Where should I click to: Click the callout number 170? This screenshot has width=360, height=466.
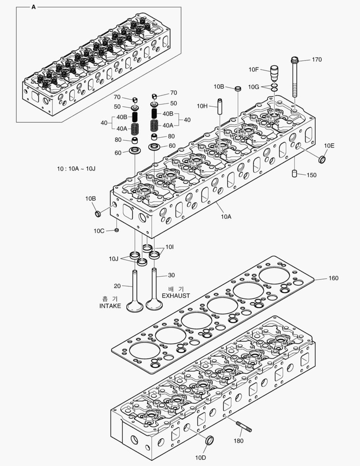pyautogui.click(x=316, y=60)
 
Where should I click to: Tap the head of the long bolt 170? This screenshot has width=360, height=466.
pyautogui.click(x=294, y=60)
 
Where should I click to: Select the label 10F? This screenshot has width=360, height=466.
pyautogui.click(x=254, y=69)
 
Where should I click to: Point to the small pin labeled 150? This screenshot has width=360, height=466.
pyautogui.click(x=295, y=174)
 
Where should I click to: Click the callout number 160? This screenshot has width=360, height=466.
pyautogui.click(x=333, y=278)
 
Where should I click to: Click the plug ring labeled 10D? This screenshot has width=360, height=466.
pyautogui.click(x=210, y=441)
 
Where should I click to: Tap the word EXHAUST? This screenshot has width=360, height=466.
pyautogui.click(x=175, y=296)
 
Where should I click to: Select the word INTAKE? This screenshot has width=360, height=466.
pyautogui.click(x=110, y=306)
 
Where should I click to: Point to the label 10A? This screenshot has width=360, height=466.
pyautogui.click(x=226, y=217)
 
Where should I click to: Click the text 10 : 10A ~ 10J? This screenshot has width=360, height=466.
pyautogui.click(x=76, y=168)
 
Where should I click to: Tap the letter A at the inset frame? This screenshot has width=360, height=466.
pyautogui.click(x=34, y=7)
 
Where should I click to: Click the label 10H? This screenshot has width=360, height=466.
pyautogui.click(x=202, y=106)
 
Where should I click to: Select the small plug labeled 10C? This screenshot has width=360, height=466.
pyautogui.click(x=116, y=230)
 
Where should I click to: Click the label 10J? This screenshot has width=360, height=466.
pyautogui.click(x=113, y=258)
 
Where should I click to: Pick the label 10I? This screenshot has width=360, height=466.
pyautogui.click(x=170, y=247)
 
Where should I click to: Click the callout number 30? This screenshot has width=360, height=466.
pyautogui.click(x=172, y=275)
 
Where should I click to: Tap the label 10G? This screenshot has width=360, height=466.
pyautogui.click(x=254, y=87)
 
